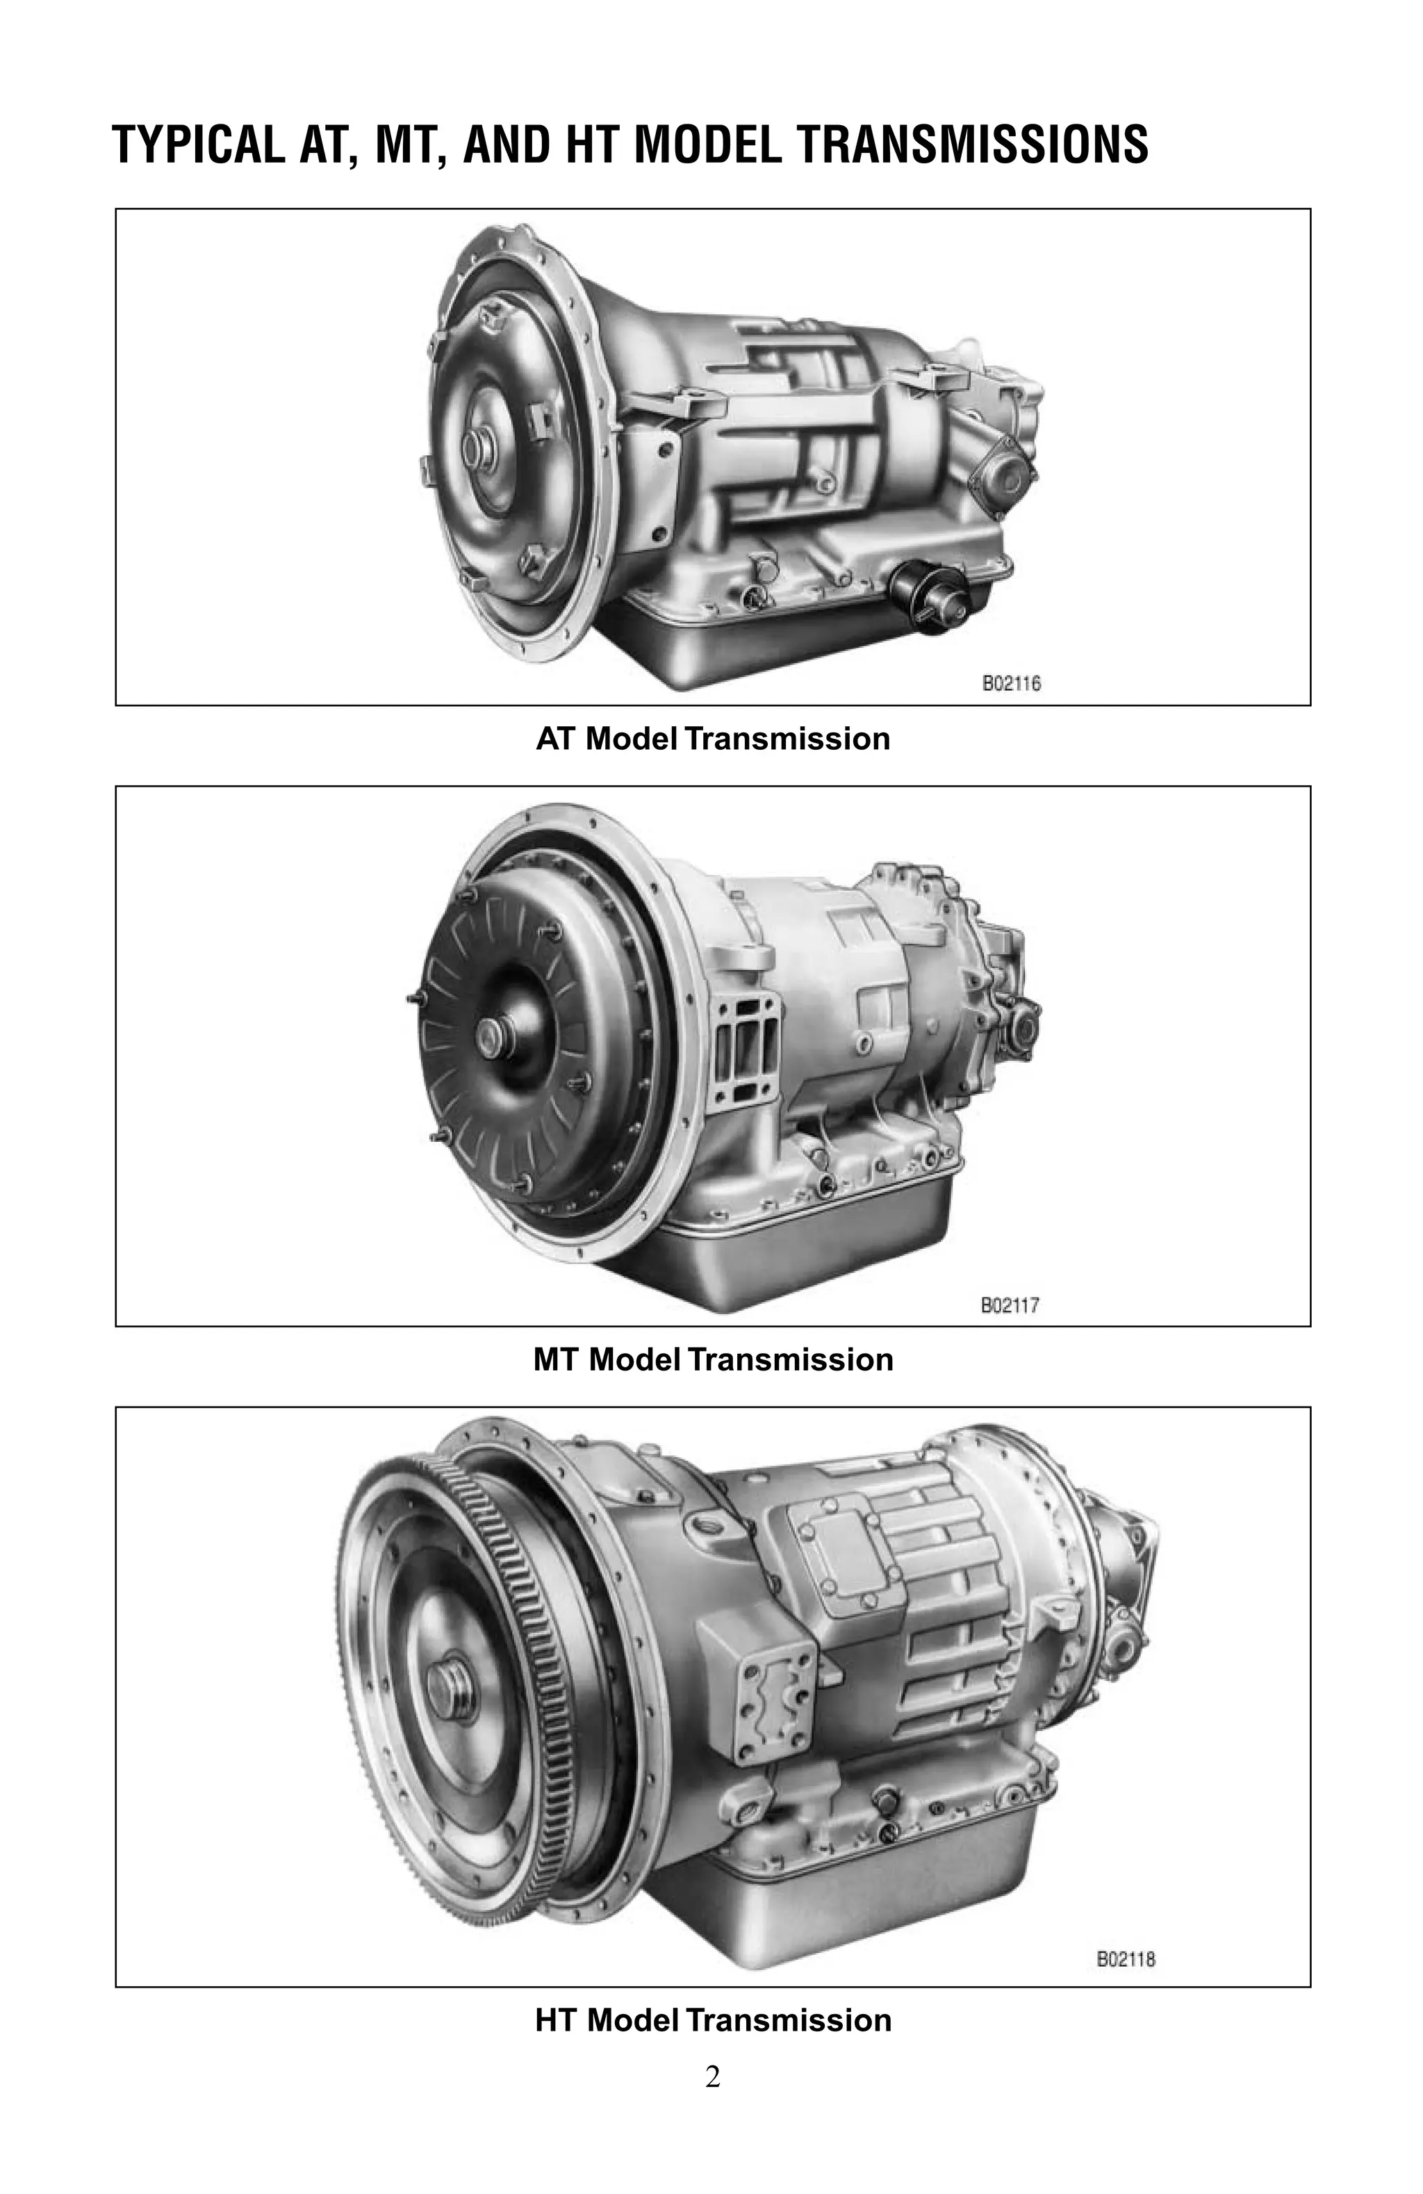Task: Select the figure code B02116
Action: click(x=1010, y=684)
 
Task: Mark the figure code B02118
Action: click(x=1124, y=1959)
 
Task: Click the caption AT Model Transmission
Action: click(x=712, y=739)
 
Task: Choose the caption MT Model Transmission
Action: click(x=712, y=1360)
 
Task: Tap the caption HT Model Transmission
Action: click(x=712, y=2021)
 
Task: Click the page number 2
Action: click(x=711, y=2078)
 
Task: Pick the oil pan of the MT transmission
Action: click(x=802, y=1259)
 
